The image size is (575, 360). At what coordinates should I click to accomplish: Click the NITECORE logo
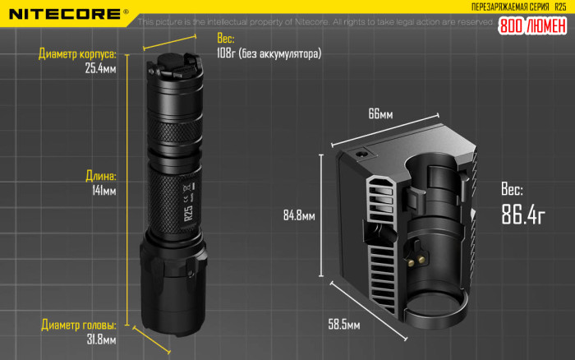pos(63,13)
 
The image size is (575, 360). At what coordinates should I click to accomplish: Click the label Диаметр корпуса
pos(78,55)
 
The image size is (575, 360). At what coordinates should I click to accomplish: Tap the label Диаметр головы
pos(78,324)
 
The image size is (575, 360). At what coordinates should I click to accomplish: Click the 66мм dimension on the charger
pos(380,114)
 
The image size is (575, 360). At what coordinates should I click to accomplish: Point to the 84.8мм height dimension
pos(299,216)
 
